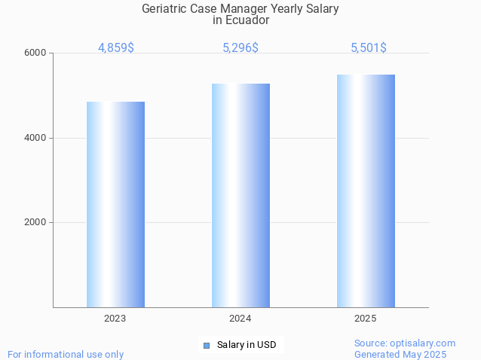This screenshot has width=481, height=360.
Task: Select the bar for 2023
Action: [115, 204]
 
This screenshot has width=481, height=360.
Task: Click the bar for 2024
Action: [240, 195]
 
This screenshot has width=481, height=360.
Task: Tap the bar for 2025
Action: [366, 191]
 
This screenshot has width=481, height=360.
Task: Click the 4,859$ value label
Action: [116, 47]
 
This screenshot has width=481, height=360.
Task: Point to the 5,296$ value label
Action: [240, 47]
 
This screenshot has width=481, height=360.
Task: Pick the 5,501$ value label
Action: [369, 47]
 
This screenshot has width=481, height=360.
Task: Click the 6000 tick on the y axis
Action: [36, 53]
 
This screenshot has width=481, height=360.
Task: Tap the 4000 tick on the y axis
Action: [36, 138]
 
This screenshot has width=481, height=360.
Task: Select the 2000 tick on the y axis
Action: [36, 223]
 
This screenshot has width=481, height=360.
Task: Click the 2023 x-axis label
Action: [115, 319]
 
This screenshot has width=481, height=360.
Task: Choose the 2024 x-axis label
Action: [240, 319]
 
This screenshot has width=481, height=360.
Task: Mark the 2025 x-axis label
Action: [366, 319]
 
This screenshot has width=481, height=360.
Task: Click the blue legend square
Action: [206, 345]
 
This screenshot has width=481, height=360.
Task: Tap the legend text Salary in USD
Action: [247, 345]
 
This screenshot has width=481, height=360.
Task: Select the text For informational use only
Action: [66, 354]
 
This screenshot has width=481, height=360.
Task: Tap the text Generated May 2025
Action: [400, 354]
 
